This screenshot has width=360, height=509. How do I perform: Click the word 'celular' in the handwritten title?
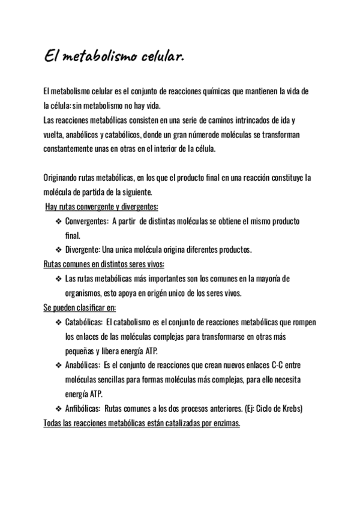[x=159, y=58]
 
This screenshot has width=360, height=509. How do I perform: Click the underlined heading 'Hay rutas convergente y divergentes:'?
[x=102, y=207]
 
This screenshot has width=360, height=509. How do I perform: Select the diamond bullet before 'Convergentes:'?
[x=59, y=221]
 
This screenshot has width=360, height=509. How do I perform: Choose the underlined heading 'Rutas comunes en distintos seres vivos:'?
[x=104, y=265]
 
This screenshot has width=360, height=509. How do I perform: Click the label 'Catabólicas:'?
[x=84, y=322]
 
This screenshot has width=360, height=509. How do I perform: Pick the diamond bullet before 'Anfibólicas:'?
[x=59, y=409]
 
